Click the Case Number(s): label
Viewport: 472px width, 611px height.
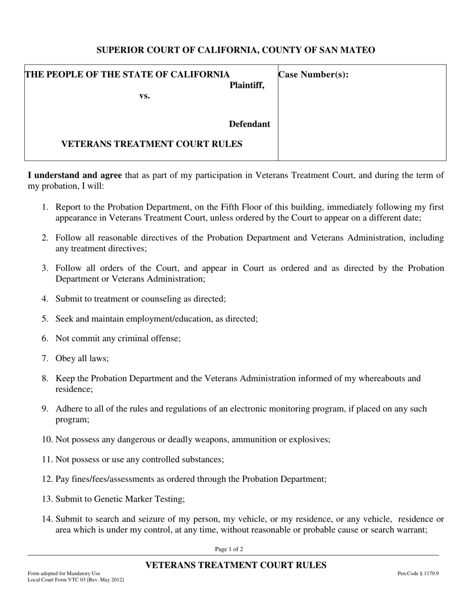point(314,75)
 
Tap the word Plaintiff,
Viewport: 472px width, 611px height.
point(247,85)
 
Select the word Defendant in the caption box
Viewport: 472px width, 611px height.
point(249,124)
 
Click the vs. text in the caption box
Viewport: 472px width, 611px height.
point(145,96)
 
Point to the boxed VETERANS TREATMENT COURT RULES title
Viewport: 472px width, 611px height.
point(152,144)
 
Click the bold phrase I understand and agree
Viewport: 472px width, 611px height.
point(75,175)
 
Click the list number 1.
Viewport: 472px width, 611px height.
point(45,207)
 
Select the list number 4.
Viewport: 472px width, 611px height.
point(45,299)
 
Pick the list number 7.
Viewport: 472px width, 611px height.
point(45,359)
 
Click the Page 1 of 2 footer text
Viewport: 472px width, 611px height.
point(229,549)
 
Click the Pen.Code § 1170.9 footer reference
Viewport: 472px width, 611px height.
point(418,573)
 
